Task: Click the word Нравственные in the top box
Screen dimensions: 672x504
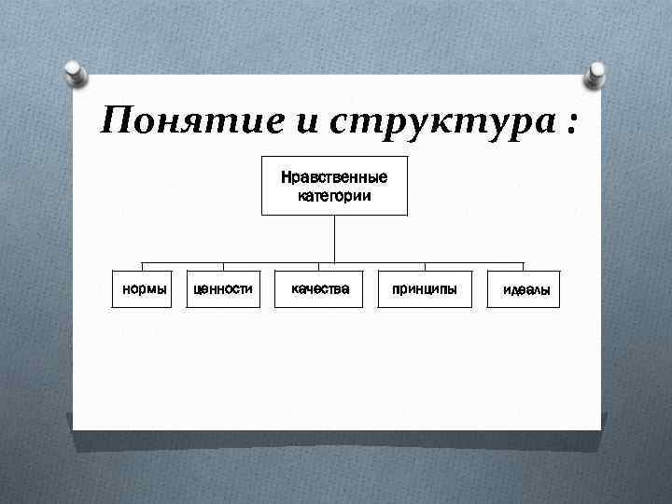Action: point(334,177)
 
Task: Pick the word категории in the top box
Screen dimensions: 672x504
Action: point(334,195)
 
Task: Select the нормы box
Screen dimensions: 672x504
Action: point(142,289)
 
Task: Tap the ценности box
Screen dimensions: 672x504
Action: point(222,289)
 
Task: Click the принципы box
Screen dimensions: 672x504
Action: point(425,289)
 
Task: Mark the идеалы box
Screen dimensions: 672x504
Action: point(525,290)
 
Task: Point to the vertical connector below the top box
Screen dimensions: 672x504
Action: point(334,238)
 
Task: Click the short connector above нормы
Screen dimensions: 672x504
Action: point(142,267)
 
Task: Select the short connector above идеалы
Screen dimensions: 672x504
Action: point(524,267)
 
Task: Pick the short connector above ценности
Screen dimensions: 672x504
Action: point(222,267)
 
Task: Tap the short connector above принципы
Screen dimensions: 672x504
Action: point(425,267)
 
